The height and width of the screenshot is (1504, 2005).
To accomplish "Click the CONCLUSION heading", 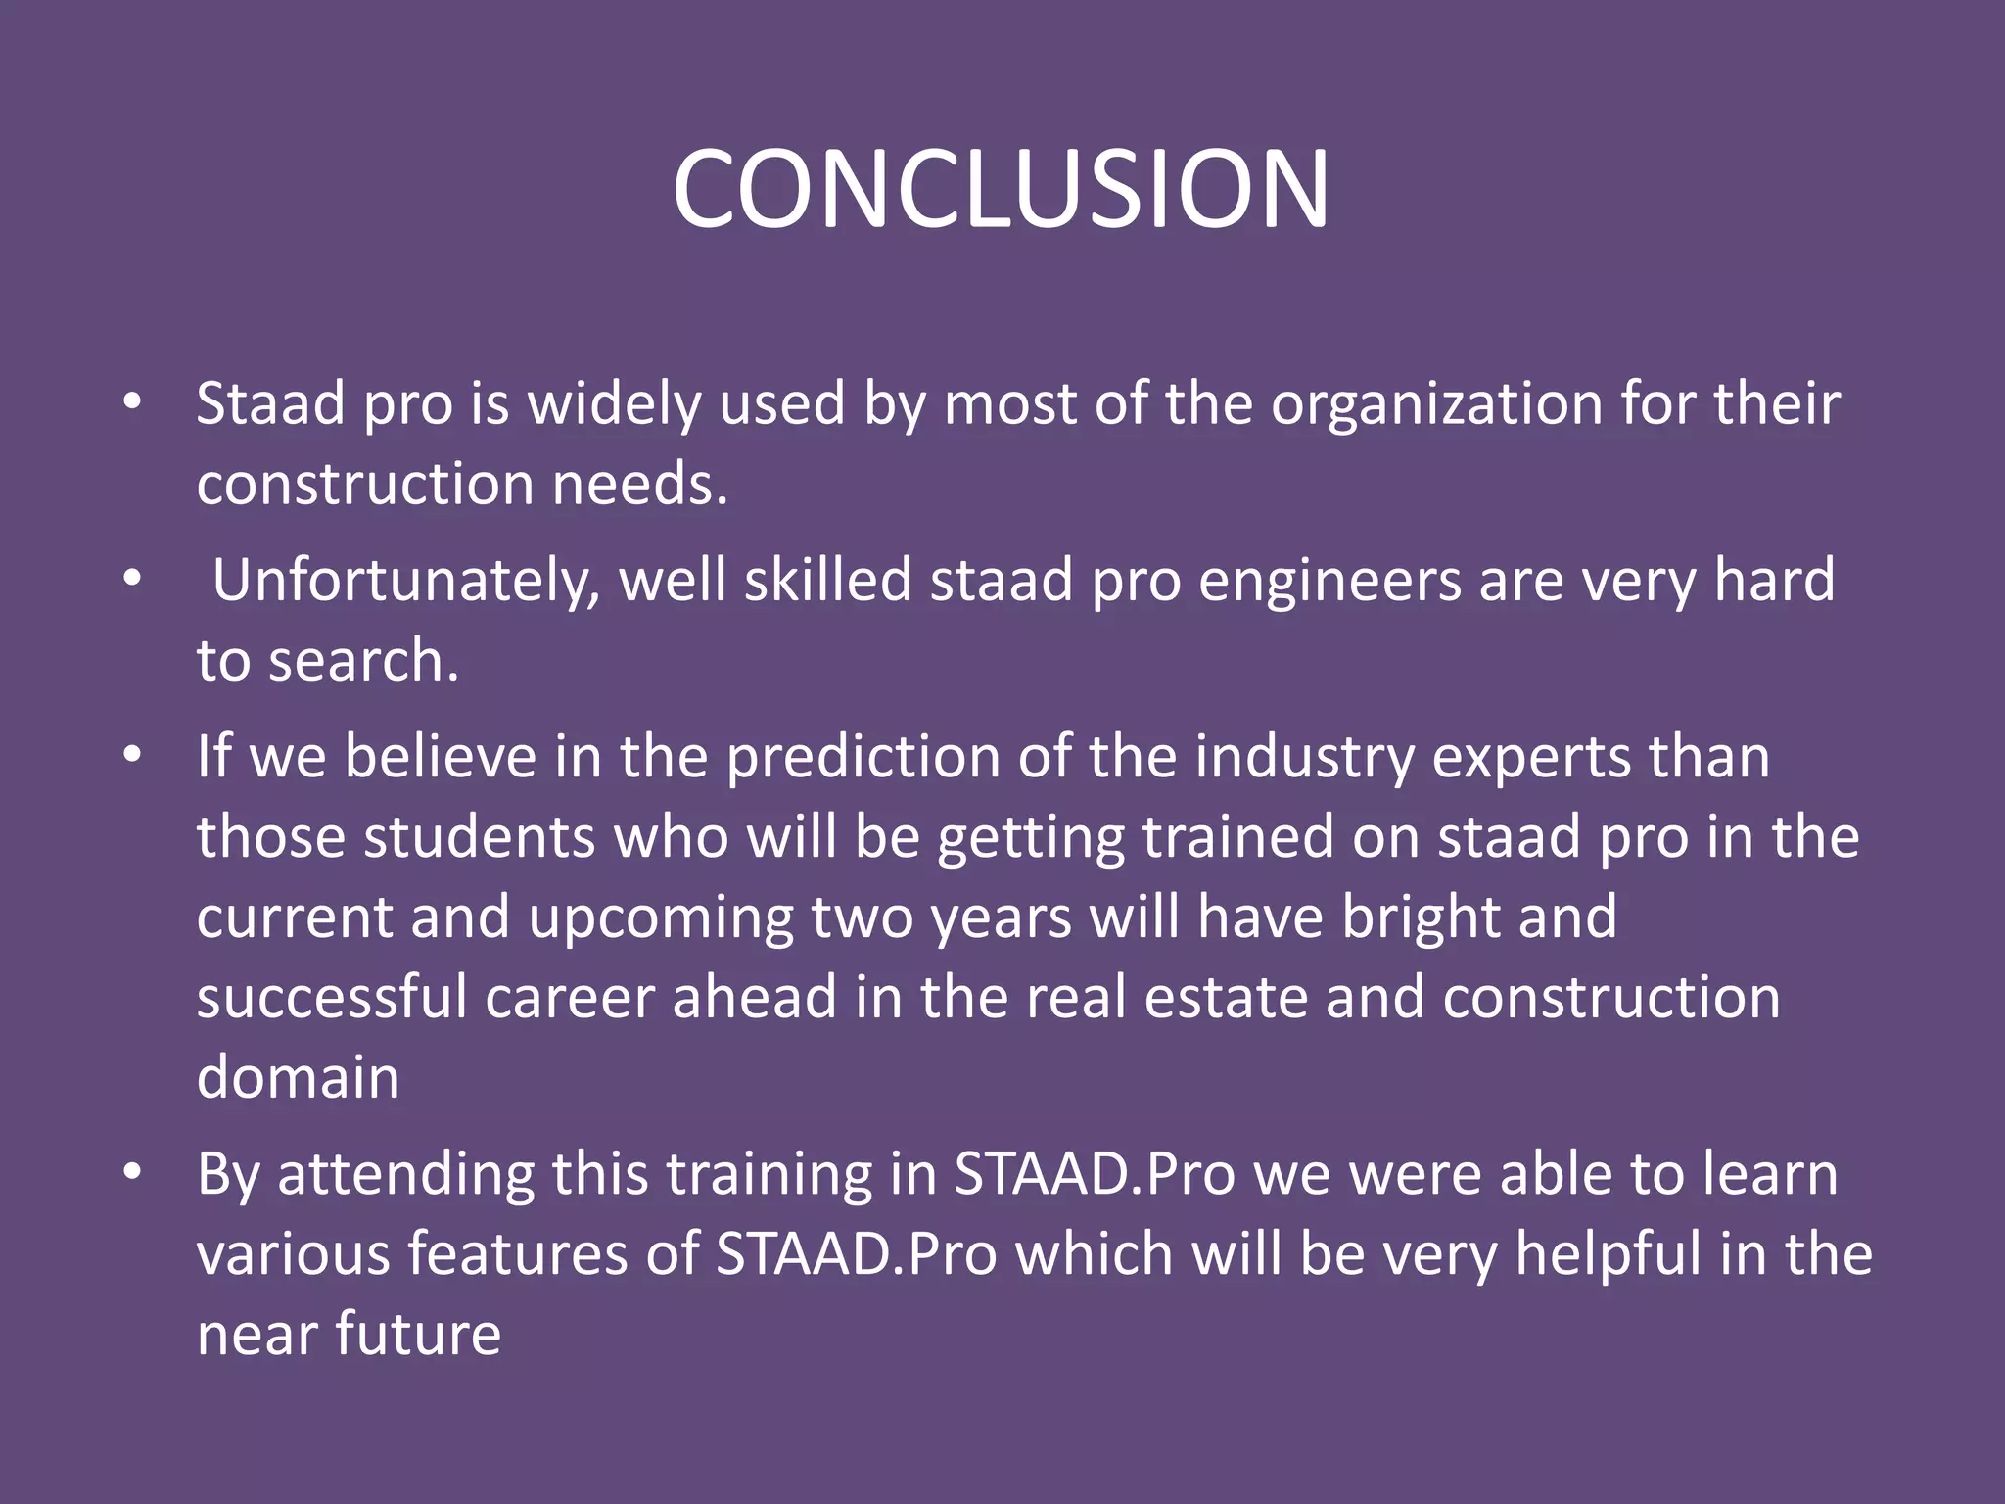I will (1001, 189).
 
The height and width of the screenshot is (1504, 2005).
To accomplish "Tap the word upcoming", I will (661, 918).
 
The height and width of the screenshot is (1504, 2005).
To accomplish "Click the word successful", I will (332, 998).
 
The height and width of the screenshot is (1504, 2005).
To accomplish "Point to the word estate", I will (1225, 998).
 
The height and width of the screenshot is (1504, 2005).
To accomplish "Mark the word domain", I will (298, 1077).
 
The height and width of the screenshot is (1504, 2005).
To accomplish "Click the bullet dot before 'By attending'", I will (133, 1172).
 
